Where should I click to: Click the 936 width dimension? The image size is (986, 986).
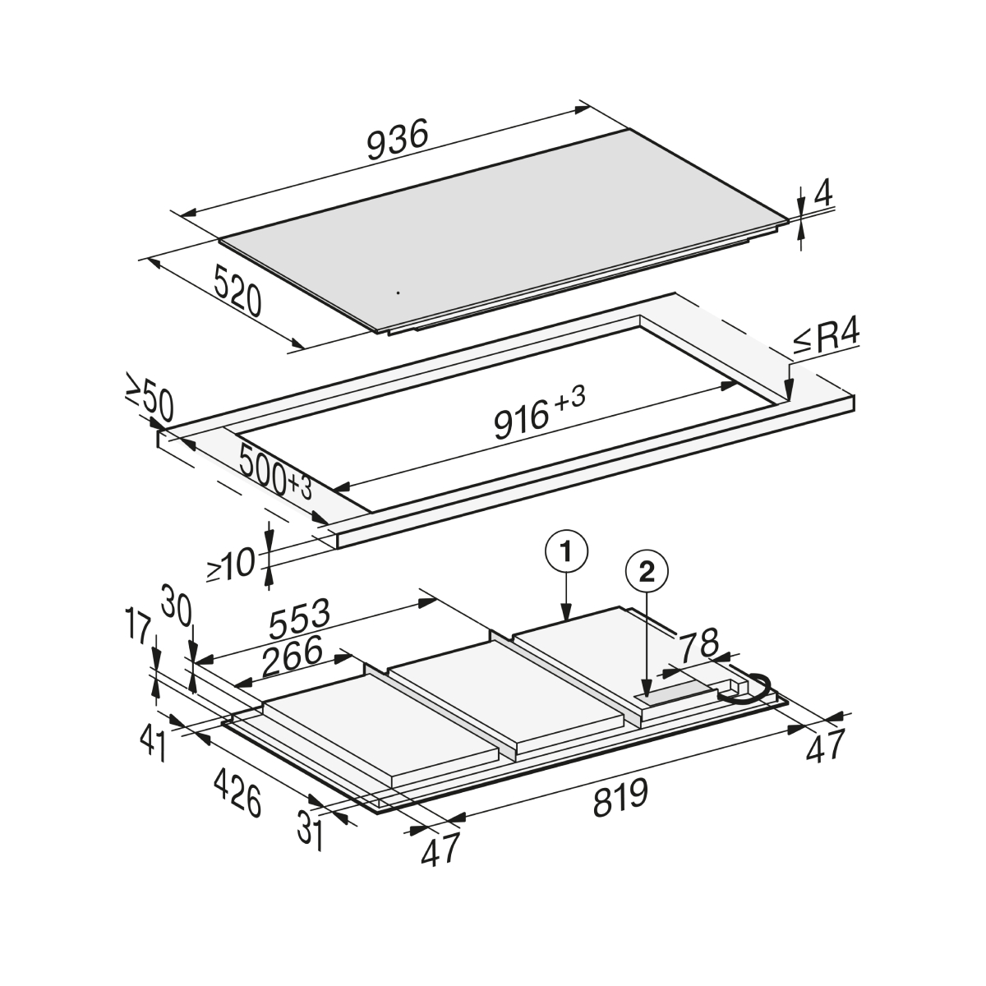click(x=397, y=140)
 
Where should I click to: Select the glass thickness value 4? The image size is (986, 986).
click(x=823, y=192)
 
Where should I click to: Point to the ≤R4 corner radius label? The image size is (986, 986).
click(x=827, y=338)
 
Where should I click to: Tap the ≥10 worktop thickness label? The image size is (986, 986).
click(x=230, y=564)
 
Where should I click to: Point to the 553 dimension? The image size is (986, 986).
click(x=300, y=620)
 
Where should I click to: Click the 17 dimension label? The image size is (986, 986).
click(x=138, y=633)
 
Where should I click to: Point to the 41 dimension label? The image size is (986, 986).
click(x=153, y=745)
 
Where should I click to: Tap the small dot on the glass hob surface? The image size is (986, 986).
click(x=398, y=293)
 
